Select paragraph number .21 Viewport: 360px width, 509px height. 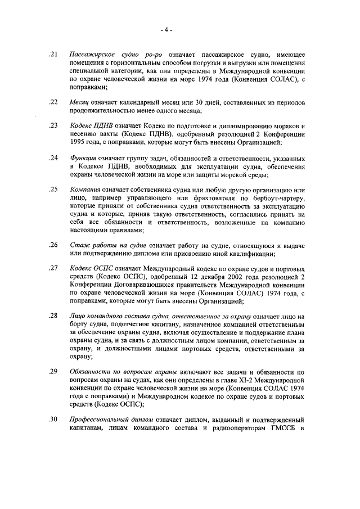pyautogui.click(x=54, y=55)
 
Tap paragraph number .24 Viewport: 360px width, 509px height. pyautogui.click(x=54, y=158)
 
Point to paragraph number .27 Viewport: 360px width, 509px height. pyautogui.click(x=54, y=269)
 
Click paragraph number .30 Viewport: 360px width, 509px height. pyautogui.click(x=54, y=420)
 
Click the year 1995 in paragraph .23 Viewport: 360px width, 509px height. pyautogui.click(x=78, y=142)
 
